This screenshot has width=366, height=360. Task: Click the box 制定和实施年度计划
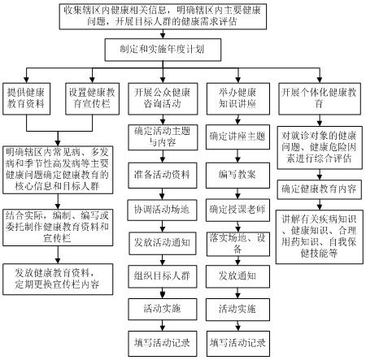click(163, 50)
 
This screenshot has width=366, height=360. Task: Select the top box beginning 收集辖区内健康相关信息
click(163, 16)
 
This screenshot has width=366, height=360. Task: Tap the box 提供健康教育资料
click(26, 99)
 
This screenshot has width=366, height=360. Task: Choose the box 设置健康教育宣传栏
click(92, 99)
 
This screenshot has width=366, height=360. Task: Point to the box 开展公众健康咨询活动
click(163, 99)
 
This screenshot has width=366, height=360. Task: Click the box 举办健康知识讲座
click(238, 99)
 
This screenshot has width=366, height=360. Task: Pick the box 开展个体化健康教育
click(320, 99)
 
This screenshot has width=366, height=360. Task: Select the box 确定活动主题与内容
click(163, 137)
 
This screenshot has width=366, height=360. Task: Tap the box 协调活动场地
click(162, 210)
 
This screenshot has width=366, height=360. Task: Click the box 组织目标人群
click(163, 276)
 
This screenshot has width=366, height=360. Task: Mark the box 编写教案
click(237, 176)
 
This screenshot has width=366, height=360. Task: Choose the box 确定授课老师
click(237, 210)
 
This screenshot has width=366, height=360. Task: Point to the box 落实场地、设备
click(238, 244)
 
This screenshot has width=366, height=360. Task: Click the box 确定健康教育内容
click(320, 189)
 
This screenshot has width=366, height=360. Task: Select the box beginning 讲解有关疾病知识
click(320, 236)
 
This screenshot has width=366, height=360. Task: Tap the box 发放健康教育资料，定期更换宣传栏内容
click(58, 280)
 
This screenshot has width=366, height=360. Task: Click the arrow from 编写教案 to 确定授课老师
click(237, 193)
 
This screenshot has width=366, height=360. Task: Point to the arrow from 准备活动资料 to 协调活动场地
click(162, 194)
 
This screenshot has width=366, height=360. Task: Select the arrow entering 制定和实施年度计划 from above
click(163, 34)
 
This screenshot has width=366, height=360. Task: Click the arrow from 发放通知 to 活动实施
click(237, 293)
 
